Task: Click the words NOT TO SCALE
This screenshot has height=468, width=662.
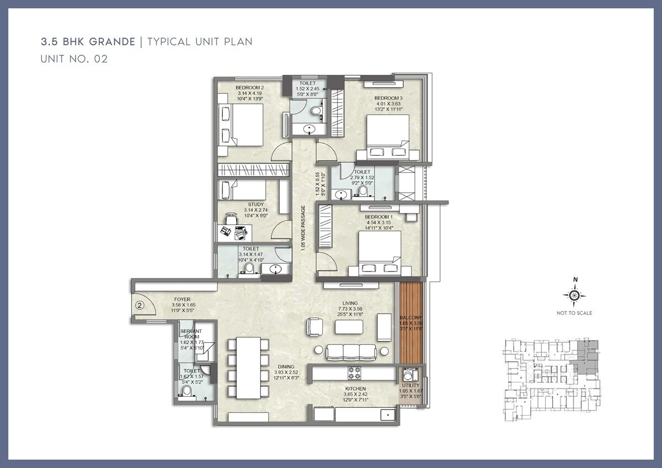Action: coord(574,313)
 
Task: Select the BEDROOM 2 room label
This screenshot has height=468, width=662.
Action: coord(249,87)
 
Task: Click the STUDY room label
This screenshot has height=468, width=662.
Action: coord(255,204)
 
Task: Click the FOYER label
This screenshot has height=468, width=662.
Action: coord(182,299)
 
